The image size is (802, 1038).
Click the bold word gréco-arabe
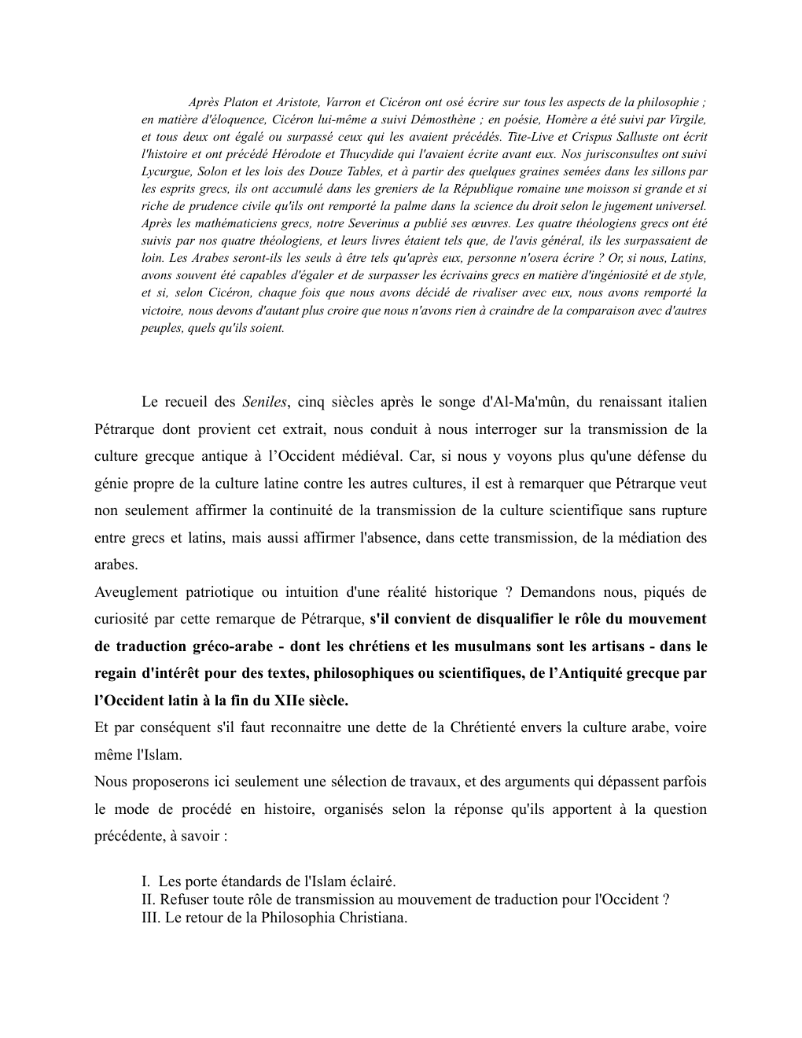234,646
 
